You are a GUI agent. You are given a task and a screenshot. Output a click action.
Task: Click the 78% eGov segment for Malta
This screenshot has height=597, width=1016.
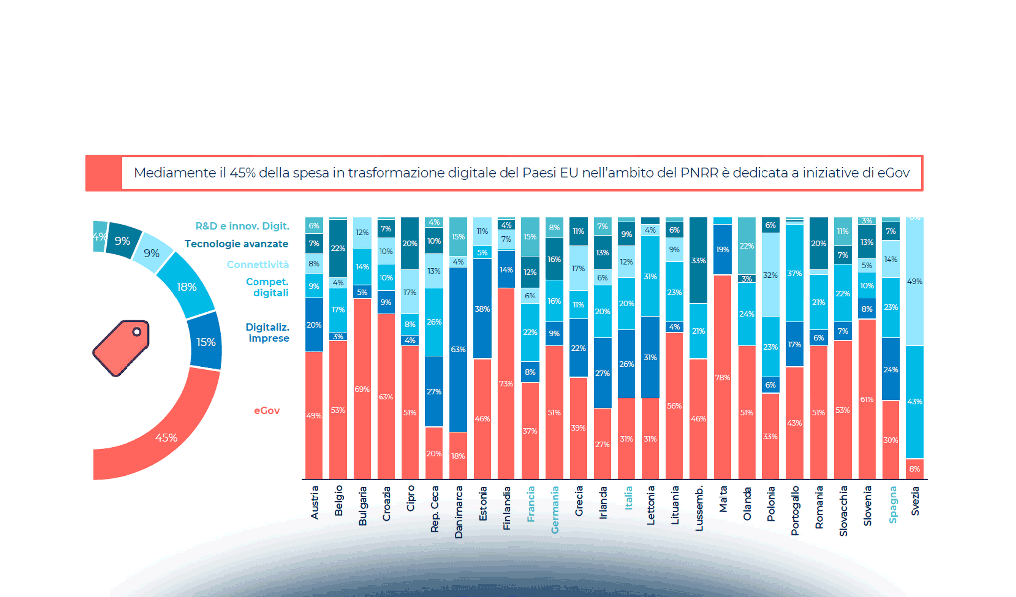click(722, 377)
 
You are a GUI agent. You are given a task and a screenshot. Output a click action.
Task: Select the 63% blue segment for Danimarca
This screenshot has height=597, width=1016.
click(458, 349)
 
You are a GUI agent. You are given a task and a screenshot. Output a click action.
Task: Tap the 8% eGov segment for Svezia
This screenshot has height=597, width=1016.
click(914, 469)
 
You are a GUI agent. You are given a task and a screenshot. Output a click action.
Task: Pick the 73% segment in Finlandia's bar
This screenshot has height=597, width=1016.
click(506, 383)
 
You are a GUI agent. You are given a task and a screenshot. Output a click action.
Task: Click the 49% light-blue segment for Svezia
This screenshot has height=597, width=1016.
click(914, 281)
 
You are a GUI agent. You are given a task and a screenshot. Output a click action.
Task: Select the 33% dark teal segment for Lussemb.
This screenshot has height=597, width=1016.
click(698, 260)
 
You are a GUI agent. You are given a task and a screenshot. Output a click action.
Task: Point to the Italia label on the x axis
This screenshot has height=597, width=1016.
click(628, 497)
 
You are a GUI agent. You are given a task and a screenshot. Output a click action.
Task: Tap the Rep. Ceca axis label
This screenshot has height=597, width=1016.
click(434, 508)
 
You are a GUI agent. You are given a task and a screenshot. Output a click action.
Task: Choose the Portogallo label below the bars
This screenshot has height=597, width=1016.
click(795, 510)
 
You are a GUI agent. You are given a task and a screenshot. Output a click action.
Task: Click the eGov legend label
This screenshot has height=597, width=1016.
click(267, 411)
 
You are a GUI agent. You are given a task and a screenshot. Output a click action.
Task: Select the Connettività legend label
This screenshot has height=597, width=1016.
click(257, 265)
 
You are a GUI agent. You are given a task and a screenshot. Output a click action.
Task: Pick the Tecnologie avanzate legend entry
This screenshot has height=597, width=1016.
click(236, 244)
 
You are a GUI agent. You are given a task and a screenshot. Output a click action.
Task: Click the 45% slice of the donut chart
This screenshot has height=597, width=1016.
click(166, 438)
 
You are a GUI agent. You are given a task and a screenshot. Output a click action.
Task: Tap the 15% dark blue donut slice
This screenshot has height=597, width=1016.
click(206, 342)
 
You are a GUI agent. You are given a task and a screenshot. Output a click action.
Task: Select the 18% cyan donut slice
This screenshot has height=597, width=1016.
click(186, 287)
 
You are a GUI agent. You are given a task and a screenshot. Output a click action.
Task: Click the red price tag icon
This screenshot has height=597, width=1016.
click(121, 348)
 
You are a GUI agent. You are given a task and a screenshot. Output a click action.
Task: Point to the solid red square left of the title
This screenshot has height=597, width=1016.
click(104, 173)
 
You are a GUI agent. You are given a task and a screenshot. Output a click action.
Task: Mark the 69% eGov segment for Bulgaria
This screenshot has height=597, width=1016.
click(362, 389)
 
